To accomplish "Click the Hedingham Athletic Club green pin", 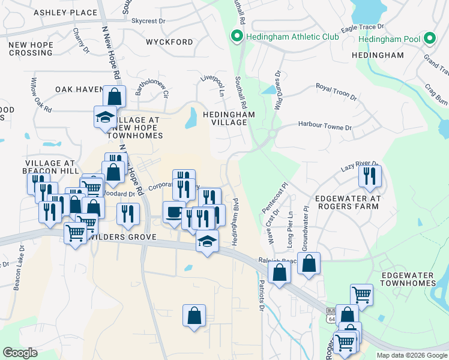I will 237,37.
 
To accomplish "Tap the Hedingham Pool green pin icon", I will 429,39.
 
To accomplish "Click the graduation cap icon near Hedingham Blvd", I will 207,241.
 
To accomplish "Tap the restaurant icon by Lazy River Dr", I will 370,176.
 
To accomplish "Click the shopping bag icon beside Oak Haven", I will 113,96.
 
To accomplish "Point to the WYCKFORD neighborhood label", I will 169,42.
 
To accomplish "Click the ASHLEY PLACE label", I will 65,13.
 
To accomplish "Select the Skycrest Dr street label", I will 148,21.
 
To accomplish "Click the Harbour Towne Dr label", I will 325,127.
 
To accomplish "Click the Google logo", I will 20,352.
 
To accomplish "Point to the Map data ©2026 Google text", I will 411,355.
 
